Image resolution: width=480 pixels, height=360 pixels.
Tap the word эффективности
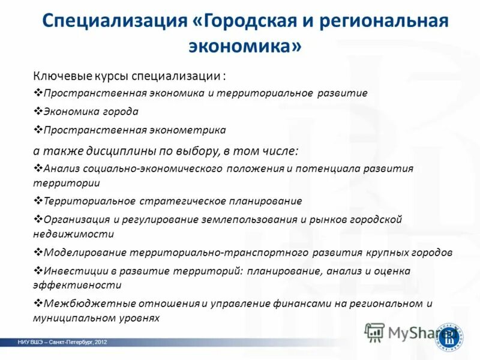77,286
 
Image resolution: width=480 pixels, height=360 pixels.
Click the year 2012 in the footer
100,342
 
